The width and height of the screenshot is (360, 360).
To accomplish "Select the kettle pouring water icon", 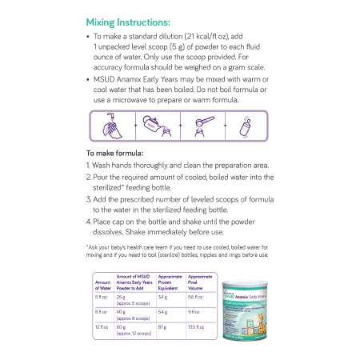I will click(x=154, y=126).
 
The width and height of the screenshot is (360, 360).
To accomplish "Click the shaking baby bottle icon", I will click(x=239, y=126).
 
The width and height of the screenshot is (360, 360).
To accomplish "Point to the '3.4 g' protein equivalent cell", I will click(x=162, y=296).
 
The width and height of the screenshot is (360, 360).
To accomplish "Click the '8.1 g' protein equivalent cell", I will click(x=162, y=327).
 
